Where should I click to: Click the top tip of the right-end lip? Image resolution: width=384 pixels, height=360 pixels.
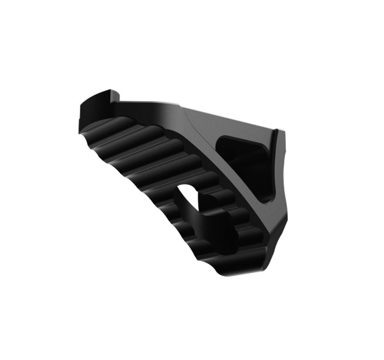coord(277,132)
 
